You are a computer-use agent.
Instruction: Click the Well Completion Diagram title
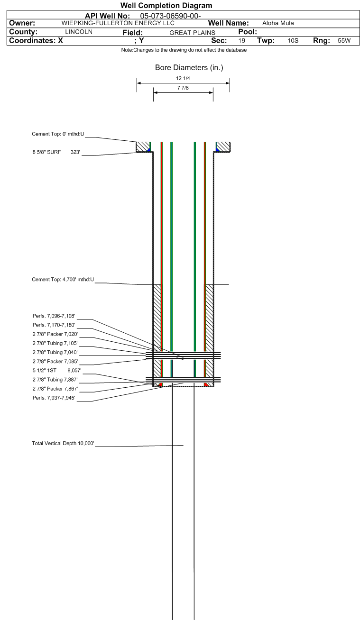pos(166,6)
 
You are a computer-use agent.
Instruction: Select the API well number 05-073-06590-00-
pos(170,16)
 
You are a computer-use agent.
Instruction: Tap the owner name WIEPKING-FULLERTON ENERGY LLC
pos(118,23)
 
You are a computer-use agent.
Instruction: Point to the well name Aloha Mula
pos(278,23)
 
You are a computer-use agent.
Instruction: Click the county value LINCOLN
pos(79,32)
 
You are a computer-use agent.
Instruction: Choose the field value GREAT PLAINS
pos(192,33)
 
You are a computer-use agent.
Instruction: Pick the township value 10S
pos(293,41)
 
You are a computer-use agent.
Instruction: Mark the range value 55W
pos(344,41)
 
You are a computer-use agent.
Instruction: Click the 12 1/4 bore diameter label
pos(183,78)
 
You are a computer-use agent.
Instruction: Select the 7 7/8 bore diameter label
pos(183,88)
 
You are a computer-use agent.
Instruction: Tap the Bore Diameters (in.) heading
pos(189,67)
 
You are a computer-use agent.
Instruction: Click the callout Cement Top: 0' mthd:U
pos(58,134)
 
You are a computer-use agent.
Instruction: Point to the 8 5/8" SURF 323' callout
pos(56,152)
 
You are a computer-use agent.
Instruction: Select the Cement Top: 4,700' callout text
pos(63,280)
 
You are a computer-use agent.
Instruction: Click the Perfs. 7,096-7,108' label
pos(54,316)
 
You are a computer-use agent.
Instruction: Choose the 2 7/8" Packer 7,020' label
pos(55,334)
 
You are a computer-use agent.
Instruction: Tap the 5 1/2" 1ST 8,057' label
pos(57,371)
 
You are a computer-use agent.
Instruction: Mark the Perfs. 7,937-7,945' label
pos(54,398)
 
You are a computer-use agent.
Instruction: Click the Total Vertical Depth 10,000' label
pos(63,443)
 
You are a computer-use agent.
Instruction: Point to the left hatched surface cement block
pos(143,146)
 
